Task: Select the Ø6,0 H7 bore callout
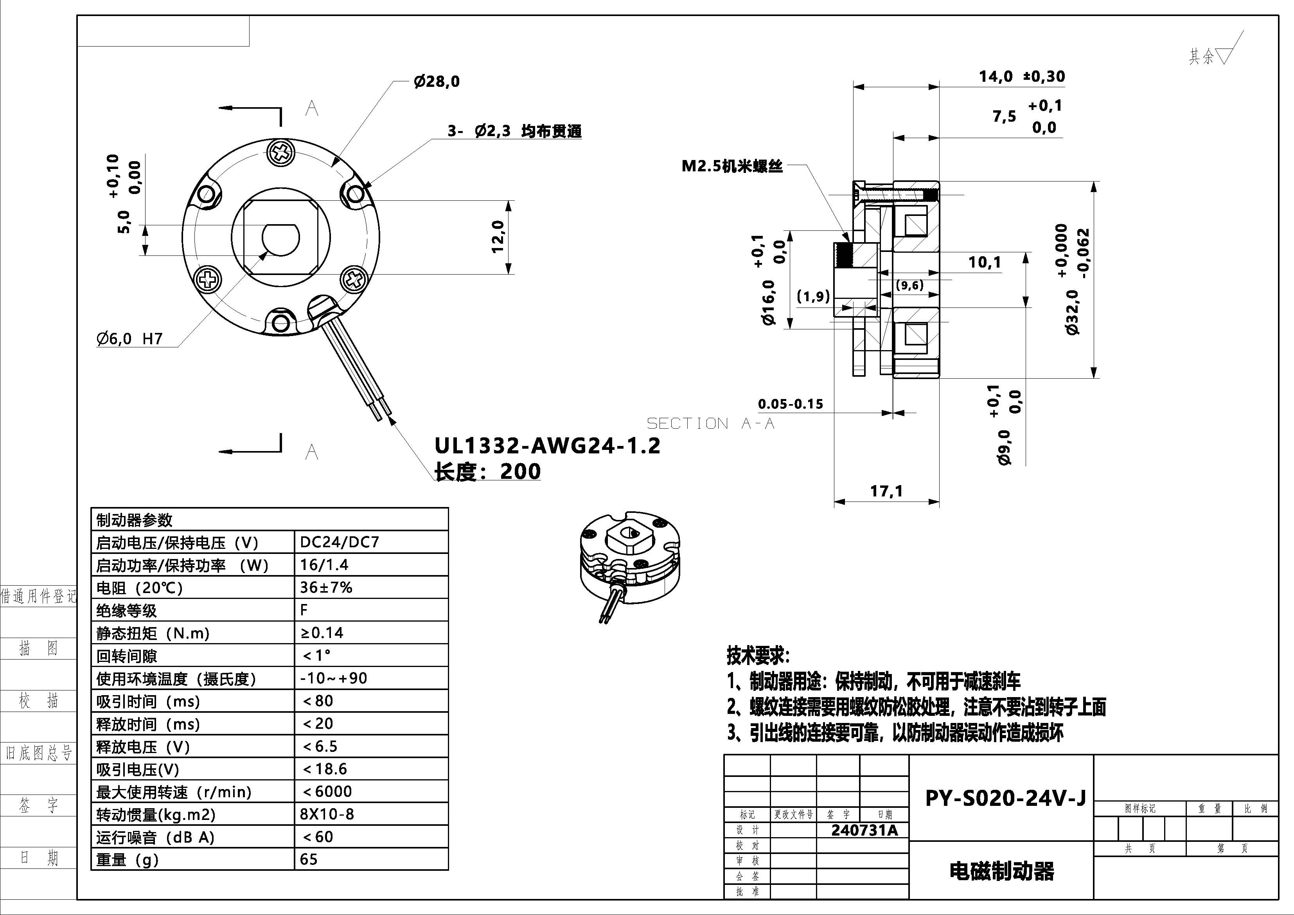pos(129,338)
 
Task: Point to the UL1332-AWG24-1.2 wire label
pos(547,446)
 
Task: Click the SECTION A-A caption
pos(710,423)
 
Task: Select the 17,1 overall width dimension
pos(886,491)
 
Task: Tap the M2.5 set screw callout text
pos(731,166)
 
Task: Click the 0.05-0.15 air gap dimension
pos(790,404)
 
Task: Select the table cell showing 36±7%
pos(326,588)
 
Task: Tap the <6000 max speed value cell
pos(327,791)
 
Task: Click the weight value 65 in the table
pos(309,859)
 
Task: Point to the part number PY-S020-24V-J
pos(1005,798)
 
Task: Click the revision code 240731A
pos(864,830)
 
